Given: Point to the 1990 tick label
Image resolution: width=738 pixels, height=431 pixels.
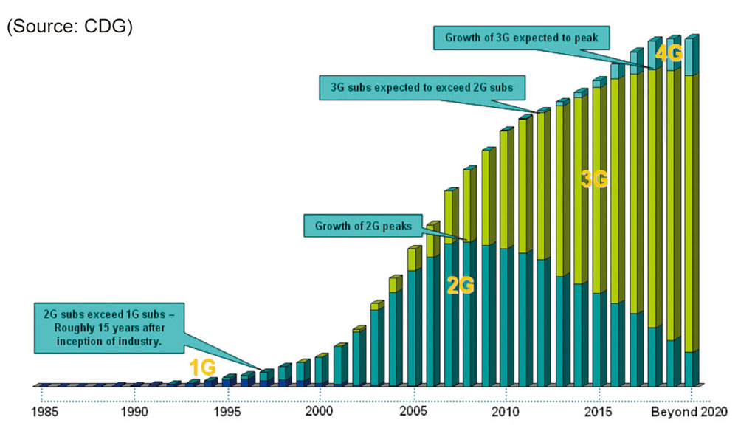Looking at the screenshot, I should (x=133, y=411).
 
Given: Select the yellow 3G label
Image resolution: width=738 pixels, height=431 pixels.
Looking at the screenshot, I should (x=594, y=179).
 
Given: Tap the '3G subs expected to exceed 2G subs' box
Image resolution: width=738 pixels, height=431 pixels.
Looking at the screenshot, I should (x=421, y=88).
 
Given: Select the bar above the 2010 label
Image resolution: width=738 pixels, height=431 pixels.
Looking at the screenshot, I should (x=506, y=258).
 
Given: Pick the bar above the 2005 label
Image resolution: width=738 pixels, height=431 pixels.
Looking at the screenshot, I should (x=414, y=317).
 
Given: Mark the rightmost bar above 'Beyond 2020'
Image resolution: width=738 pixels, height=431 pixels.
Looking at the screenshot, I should (x=691, y=214).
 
